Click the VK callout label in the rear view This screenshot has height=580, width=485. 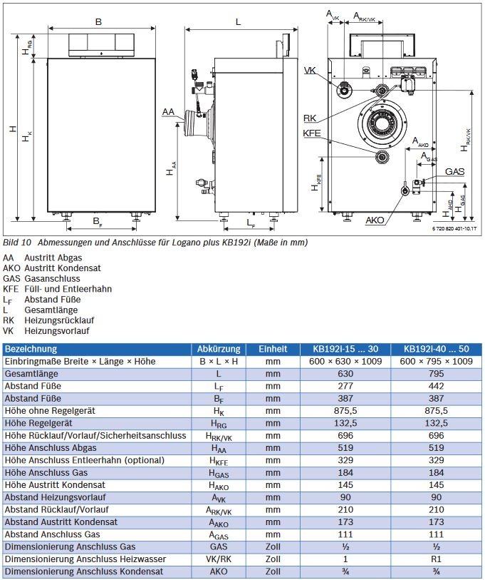click(x=310, y=70)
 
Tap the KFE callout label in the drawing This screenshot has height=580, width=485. click(x=312, y=133)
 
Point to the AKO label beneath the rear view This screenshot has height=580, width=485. click(x=375, y=220)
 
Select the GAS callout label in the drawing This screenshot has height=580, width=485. click(x=454, y=172)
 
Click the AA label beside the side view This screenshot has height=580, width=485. click(x=168, y=112)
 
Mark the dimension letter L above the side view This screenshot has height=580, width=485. click(x=238, y=21)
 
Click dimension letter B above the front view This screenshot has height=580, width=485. click(x=98, y=21)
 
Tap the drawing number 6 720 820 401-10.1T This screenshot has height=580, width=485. click(x=454, y=228)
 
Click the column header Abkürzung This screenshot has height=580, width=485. click(x=218, y=349)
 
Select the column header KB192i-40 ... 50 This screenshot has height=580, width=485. click(x=437, y=349)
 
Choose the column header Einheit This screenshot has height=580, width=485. click(x=273, y=349)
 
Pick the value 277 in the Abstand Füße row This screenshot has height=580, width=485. click(x=346, y=386)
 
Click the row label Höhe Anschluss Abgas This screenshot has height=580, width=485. click(x=51, y=447)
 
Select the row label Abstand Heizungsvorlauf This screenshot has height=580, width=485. click(x=56, y=497)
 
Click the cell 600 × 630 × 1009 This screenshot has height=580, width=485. click(x=346, y=361)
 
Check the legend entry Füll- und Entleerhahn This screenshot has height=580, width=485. click(x=68, y=289)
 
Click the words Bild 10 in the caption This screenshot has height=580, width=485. click(x=17, y=243)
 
